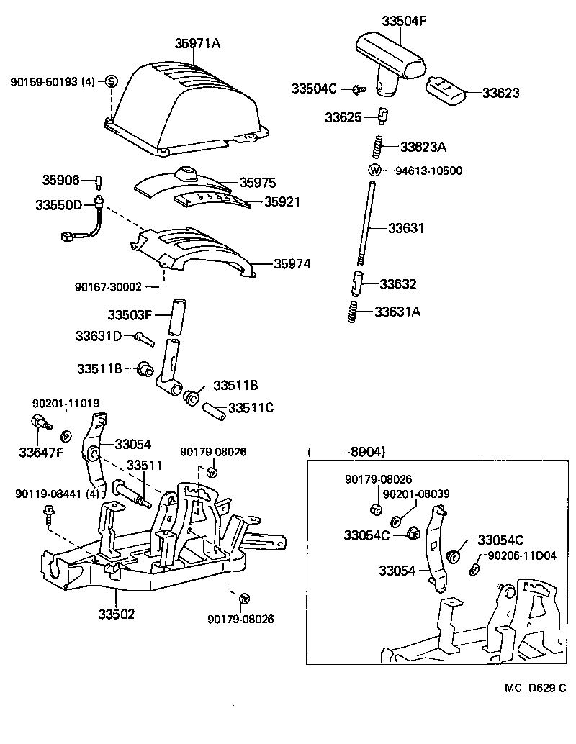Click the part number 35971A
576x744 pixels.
[197, 44]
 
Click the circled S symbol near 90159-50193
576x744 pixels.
[112, 81]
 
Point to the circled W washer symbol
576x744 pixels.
[374, 171]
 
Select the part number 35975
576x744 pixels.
[258, 183]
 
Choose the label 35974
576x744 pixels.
[292, 264]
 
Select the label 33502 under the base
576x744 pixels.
[117, 614]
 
